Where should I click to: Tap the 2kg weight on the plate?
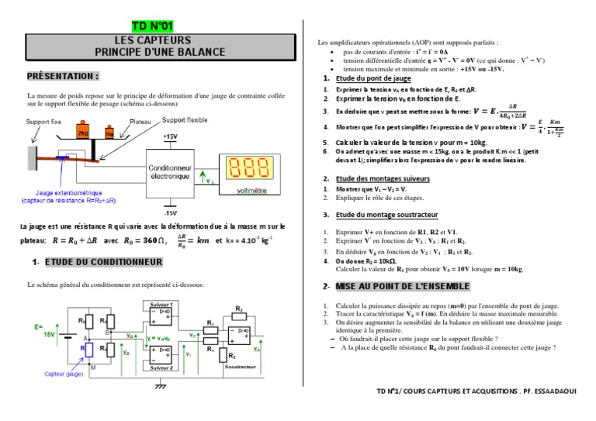coord(84,133)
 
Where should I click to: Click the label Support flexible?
coord(185,121)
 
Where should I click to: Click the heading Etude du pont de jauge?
coord(371,79)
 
